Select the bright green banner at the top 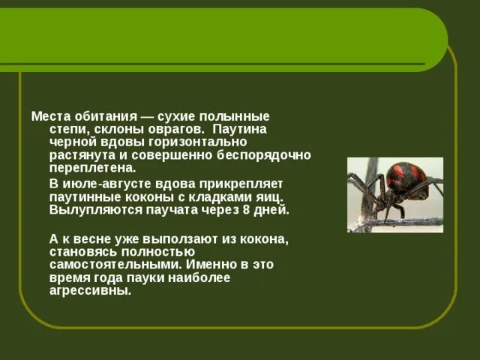coord(225,37)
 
